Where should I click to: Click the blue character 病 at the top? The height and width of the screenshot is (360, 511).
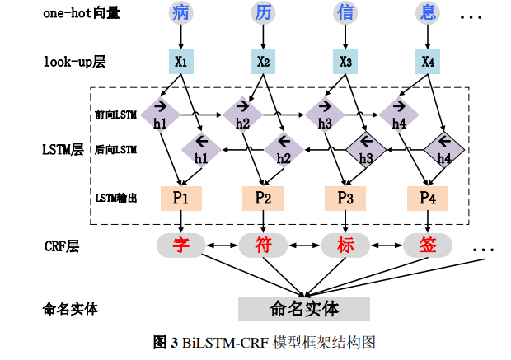(180, 13)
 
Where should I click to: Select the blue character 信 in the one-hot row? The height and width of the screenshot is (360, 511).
(345, 13)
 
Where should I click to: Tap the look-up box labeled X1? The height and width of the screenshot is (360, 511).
(180, 62)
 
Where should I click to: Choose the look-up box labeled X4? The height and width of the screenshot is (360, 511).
(428, 62)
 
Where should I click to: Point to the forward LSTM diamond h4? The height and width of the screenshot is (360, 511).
(400, 113)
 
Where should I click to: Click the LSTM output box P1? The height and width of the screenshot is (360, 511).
(180, 198)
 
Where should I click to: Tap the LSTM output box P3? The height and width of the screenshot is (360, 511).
(345, 198)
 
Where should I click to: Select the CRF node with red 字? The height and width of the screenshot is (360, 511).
(180, 245)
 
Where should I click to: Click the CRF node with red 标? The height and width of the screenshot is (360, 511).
(345, 245)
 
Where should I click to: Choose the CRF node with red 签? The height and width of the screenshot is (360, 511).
(428, 245)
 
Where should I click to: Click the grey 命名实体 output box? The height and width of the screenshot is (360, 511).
(304, 308)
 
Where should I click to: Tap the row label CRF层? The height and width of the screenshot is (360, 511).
(62, 245)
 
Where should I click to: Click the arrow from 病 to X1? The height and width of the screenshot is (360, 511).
(180, 37)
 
